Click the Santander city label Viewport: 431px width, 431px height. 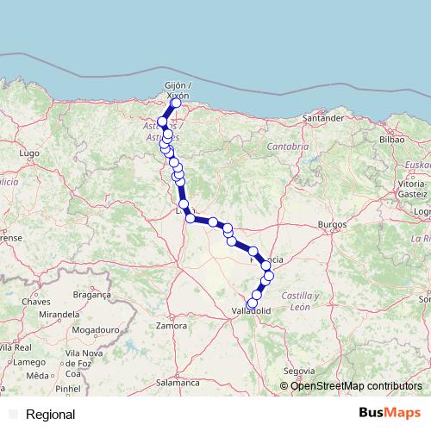coord(325,117)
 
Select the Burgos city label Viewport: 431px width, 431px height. coord(331,224)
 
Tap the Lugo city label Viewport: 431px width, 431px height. coord(28,153)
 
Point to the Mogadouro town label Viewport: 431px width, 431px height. coord(95,330)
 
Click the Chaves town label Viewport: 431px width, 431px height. coord(37,302)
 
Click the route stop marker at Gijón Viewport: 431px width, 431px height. coord(176,103)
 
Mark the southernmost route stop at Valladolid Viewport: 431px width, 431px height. coord(251,303)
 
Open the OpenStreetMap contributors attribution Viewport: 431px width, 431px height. coord(355,386)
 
